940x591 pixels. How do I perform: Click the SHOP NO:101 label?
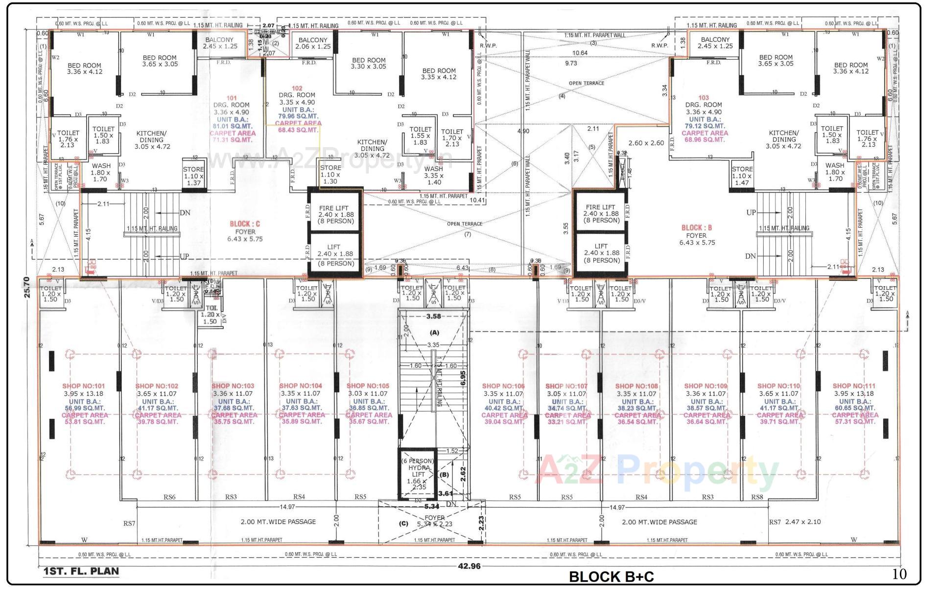click(83, 386)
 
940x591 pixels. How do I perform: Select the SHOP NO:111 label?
click(854, 386)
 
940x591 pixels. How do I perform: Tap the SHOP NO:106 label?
click(503, 386)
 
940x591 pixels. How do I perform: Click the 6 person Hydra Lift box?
click(418, 474)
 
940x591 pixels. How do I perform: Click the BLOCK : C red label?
click(245, 224)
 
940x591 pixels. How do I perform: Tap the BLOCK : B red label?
click(696, 227)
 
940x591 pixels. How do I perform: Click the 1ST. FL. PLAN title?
click(81, 571)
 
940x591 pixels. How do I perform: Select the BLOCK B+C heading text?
click(611, 577)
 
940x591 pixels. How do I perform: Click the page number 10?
click(899, 574)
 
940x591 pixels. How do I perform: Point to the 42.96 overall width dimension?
click(469, 566)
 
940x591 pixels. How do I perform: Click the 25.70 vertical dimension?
click(27, 287)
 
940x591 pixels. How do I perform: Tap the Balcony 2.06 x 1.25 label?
click(313, 43)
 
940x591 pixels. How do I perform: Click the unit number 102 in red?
click(297, 89)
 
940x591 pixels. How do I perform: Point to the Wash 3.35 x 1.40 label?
click(434, 175)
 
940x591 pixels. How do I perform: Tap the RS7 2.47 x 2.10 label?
click(795, 522)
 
